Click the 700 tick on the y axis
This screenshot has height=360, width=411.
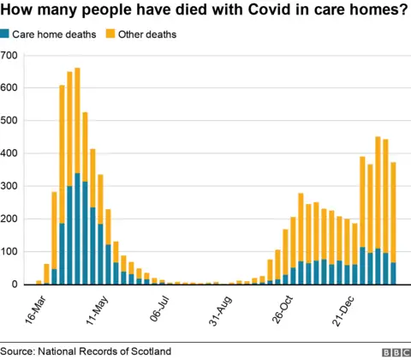tap(9, 56)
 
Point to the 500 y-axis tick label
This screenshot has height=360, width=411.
tap(9, 121)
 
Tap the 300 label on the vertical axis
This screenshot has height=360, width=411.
tap(9, 186)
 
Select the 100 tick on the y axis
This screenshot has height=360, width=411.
tap(9, 251)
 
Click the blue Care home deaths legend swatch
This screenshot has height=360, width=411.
tap(6, 34)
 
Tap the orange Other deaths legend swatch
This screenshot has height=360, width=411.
tap(110, 34)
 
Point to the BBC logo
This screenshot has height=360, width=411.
tap(393, 351)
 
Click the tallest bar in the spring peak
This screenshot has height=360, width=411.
tap(77, 176)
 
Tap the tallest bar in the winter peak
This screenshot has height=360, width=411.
tap(378, 210)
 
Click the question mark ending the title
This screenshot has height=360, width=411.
tap(402, 11)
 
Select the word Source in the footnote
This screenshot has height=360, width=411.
tap(17, 351)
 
